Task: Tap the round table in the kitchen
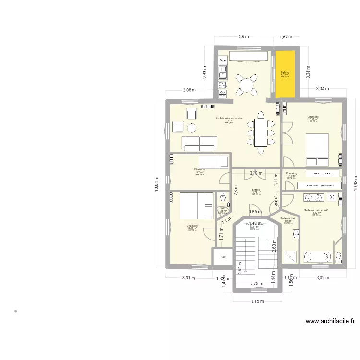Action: [x=246, y=85]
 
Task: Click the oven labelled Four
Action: [x=222, y=61]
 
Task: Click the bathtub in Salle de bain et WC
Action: [x=317, y=257]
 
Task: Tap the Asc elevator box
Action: [x=223, y=257]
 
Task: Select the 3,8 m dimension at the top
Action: [x=244, y=36]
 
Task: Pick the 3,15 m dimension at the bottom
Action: [x=257, y=301]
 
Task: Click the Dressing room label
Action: [x=291, y=173]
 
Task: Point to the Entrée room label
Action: [x=256, y=190]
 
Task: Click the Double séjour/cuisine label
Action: [x=228, y=118]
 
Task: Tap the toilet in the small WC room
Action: [x=223, y=198]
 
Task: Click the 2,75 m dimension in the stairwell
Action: [x=257, y=284]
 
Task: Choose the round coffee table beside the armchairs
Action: [x=192, y=127]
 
